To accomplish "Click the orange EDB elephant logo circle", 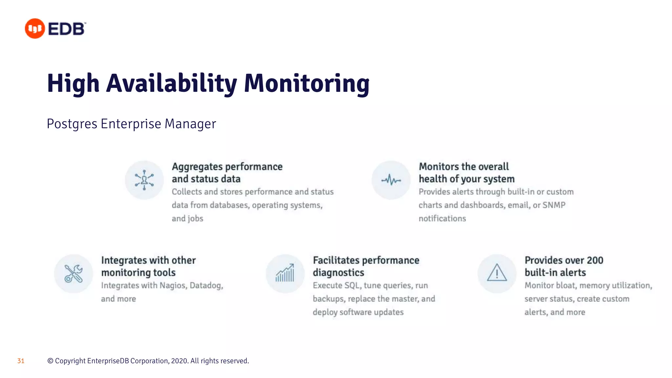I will [x=35, y=29].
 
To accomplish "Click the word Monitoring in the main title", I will [x=306, y=83].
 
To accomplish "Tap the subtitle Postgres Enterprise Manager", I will [x=131, y=124].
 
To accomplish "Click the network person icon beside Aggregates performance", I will [x=144, y=180].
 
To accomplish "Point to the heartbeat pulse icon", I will [x=391, y=180].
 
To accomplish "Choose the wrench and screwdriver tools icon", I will [x=73, y=274].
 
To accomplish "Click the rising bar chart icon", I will [x=285, y=274].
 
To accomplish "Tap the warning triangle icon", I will [x=497, y=273].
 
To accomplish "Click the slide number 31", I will [x=21, y=361].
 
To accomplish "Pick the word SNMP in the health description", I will [x=554, y=205].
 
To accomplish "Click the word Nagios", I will [x=173, y=285].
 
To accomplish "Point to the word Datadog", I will [x=206, y=285].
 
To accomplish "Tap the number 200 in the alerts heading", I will [x=595, y=260].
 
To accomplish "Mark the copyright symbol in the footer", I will [x=50, y=361].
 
